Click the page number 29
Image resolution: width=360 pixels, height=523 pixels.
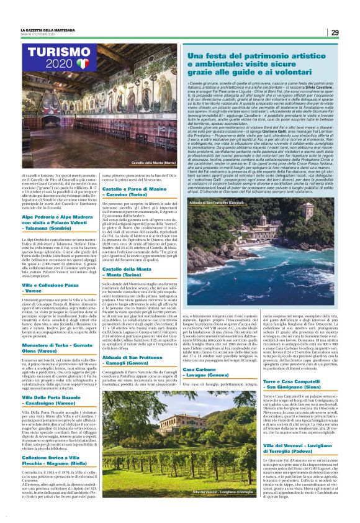[334, 32]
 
